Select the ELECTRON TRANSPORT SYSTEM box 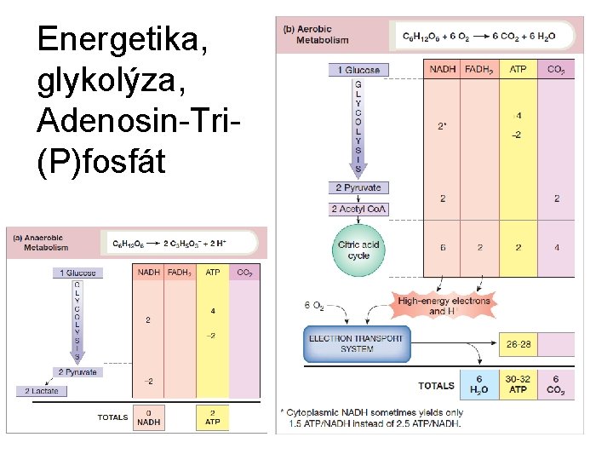pyautogui.click(x=353, y=343)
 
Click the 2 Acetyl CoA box pyautogui.click(x=358, y=209)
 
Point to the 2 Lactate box pyautogui.click(x=41, y=391)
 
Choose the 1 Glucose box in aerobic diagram pyautogui.click(x=358, y=70)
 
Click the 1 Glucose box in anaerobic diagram pyautogui.click(x=78, y=273)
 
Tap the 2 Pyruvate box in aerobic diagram pyautogui.click(x=358, y=187)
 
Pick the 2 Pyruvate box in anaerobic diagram pyautogui.click(x=77, y=372)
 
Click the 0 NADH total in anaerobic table pyautogui.click(x=149, y=417)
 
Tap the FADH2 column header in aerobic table pyautogui.click(x=479, y=69)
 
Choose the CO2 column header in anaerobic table pyautogui.click(x=244, y=273)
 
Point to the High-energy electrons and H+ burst pyautogui.click(x=444, y=305)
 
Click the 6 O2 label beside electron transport pyautogui.click(x=313, y=305)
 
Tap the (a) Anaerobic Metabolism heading pyautogui.click(x=45, y=243)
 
